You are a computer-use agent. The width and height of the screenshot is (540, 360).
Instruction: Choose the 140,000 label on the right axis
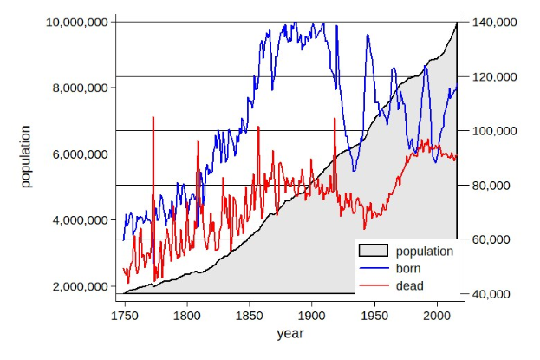pos(491,22)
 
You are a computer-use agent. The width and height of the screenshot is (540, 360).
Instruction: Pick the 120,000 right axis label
pos(491,76)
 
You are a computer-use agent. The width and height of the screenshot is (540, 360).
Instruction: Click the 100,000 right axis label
pos(491,131)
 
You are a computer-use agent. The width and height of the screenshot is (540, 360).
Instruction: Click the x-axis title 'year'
pos(290,333)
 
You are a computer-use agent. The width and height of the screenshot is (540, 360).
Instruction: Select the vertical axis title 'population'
pos(26,157)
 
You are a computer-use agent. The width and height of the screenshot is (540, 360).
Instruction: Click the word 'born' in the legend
pos(408,269)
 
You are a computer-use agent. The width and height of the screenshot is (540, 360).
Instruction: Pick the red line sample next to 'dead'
pos(374,285)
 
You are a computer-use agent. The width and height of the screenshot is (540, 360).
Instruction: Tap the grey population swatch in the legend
pos(374,252)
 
